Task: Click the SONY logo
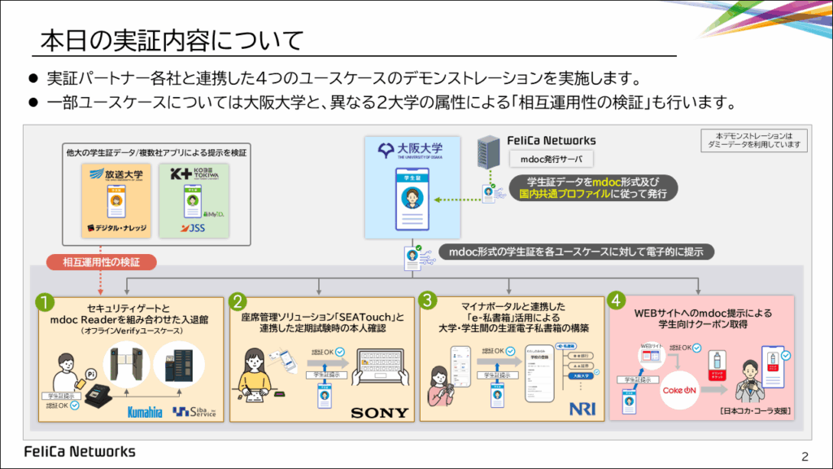coord(379,412)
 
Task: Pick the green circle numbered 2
coord(238,301)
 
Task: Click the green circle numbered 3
coord(428,301)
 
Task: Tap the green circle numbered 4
coord(617,301)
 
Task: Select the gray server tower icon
coord(487,155)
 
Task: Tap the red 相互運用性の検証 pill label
coord(101,262)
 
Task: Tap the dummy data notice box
coord(753,140)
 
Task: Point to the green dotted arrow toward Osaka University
coord(456,199)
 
